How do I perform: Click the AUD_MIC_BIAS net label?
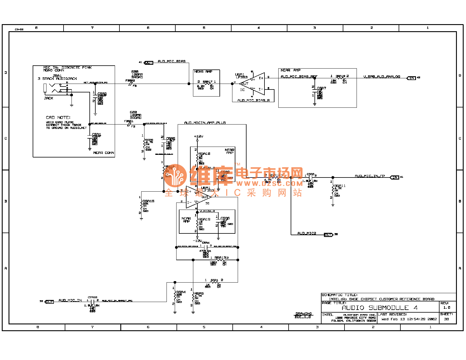coord(172,61)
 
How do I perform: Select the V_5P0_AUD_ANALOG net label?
coord(382,77)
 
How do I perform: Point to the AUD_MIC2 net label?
coord(307,233)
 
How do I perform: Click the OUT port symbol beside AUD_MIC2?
coord(328,235)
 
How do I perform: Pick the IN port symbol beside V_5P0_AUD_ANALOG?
coord(411,78)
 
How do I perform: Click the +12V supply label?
coord(198,136)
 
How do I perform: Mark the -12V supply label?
coord(197,241)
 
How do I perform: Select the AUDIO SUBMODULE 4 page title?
coord(380,308)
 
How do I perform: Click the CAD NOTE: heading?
coord(58,117)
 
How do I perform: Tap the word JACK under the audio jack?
coord(49,98)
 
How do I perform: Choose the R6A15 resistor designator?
coord(149,201)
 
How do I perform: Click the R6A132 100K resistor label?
coord(221,258)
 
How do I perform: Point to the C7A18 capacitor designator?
coord(92,297)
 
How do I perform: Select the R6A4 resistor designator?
coord(181,292)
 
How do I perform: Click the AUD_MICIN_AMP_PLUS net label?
coord(205,123)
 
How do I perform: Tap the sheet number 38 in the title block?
coord(446,319)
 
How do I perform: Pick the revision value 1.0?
coord(447,308)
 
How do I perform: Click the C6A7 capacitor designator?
coord(321,88)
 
